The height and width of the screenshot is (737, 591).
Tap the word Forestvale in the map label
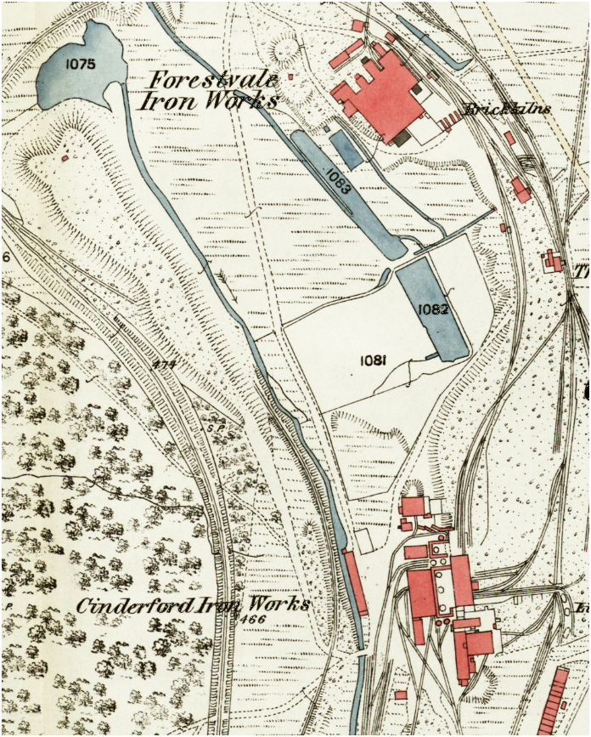(x=213, y=81)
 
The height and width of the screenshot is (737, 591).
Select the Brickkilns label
(x=508, y=109)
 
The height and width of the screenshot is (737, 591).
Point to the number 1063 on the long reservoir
(x=339, y=179)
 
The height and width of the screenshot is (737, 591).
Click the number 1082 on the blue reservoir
(x=433, y=309)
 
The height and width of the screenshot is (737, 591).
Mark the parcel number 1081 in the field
(x=374, y=360)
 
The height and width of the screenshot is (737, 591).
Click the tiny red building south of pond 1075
(x=65, y=157)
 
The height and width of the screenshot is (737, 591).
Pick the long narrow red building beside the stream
(x=355, y=582)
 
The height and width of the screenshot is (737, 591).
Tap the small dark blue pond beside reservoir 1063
(x=346, y=148)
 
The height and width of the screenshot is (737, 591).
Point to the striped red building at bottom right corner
(x=555, y=702)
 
